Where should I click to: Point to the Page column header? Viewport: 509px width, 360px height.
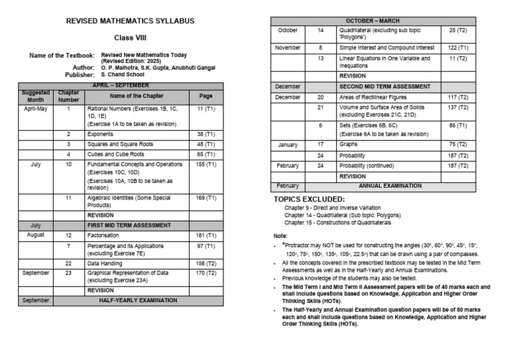point(206,95)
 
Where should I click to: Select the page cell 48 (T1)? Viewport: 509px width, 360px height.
point(206,144)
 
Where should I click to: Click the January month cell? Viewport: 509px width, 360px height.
point(288,144)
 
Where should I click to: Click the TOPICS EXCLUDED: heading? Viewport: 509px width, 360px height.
point(309,199)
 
